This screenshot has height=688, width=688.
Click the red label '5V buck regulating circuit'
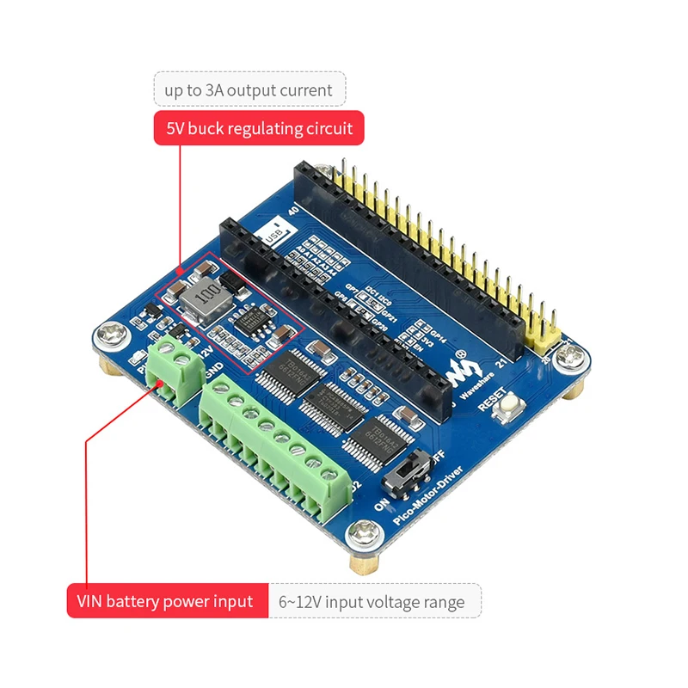click(x=259, y=129)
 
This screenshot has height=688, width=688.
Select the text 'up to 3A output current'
click(x=249, y=89)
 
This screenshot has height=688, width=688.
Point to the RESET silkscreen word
click(x=494, y=398)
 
